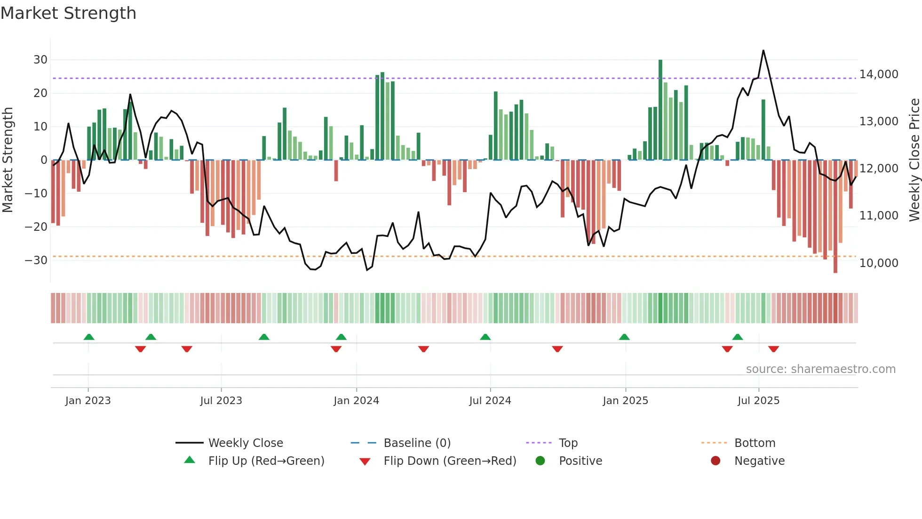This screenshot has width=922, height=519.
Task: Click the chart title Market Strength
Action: (68, 13)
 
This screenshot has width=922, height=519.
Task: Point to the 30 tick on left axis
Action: (40, 60)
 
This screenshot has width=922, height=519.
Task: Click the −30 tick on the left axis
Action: (36, 260)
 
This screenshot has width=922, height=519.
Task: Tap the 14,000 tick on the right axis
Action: (878, 74)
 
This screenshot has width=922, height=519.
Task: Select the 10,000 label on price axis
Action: (878, 263)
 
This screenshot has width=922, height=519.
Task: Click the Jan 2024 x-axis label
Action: (356, 401)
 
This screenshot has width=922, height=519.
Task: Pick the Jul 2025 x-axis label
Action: (758, 401)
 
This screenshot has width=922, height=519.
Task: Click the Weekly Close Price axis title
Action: (914, 160)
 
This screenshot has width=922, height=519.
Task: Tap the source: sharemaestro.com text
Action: (820, 369)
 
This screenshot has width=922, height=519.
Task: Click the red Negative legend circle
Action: (715, 461)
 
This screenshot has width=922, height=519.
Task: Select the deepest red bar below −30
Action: (835, 217)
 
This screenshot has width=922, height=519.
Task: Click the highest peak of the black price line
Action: (763, 51)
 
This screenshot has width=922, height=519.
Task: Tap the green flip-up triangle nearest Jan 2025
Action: (624, 337)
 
